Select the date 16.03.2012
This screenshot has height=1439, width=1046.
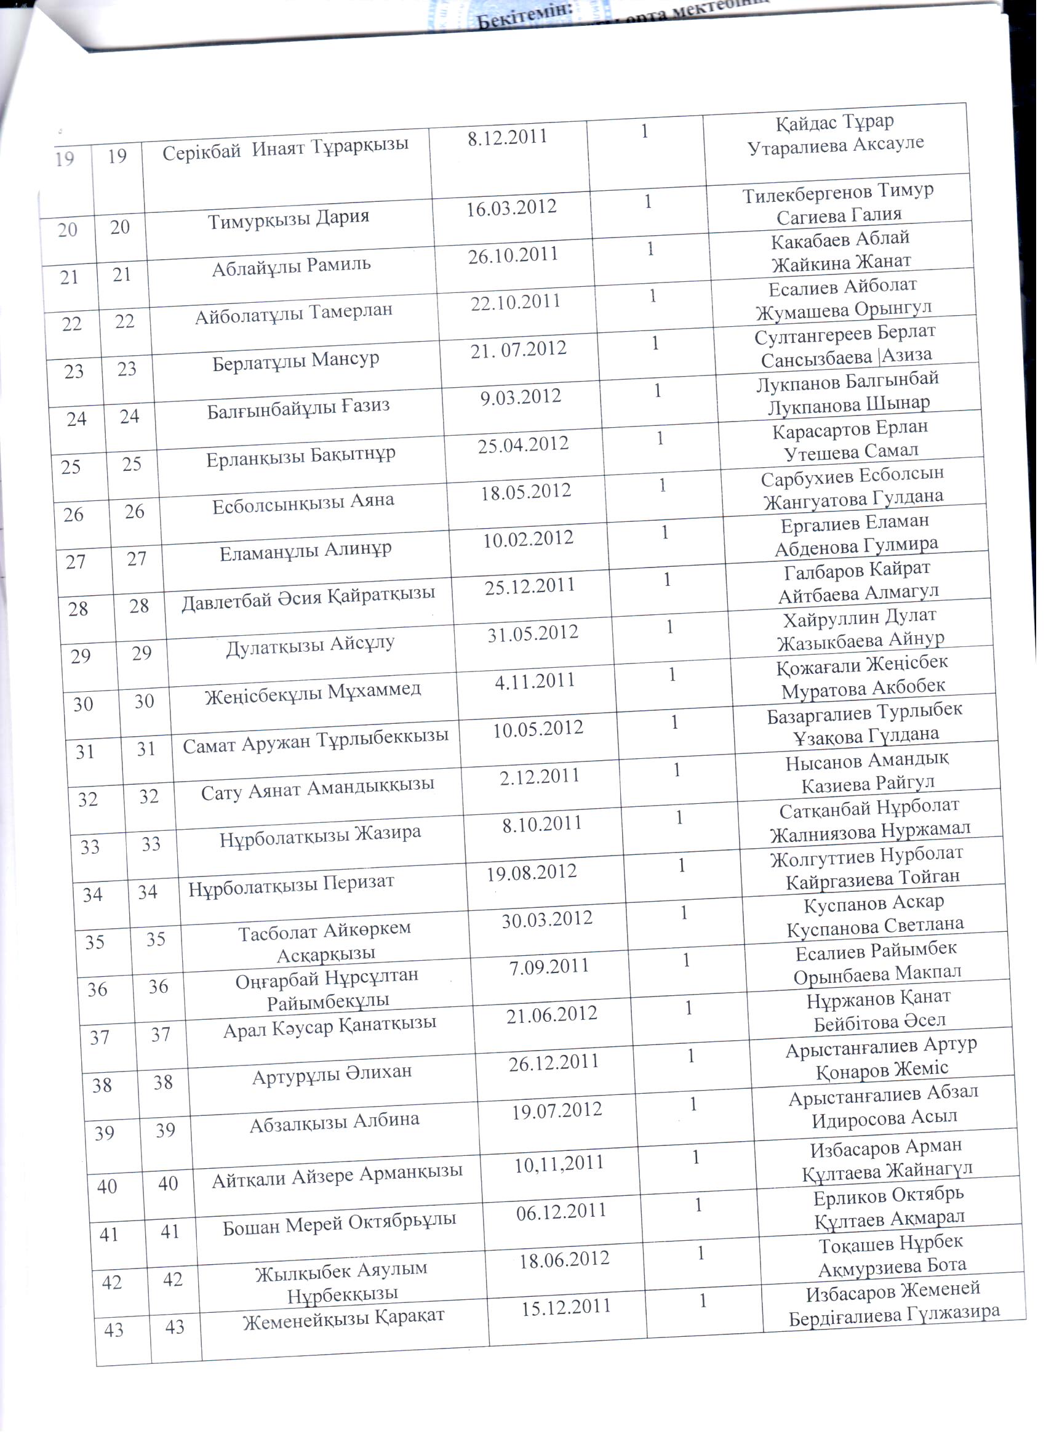[x=511, y=208]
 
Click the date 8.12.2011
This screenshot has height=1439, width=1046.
[x=507, y=138]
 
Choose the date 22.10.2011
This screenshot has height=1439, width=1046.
[x=515, y=302]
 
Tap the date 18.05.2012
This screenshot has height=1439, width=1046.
[x=525, y=492]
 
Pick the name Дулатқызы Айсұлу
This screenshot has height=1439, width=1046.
[x=310, y=646]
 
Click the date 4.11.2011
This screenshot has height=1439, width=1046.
[x=534, y=681]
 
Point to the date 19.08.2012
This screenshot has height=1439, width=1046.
[x=532, y=873]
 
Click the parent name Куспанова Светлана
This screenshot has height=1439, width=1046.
[x=875, y=927]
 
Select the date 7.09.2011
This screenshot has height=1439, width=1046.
[x=549, y=967]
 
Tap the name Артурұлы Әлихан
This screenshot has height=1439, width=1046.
[x=332, y=1074]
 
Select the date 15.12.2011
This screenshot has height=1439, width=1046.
[x=566, y=1307]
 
